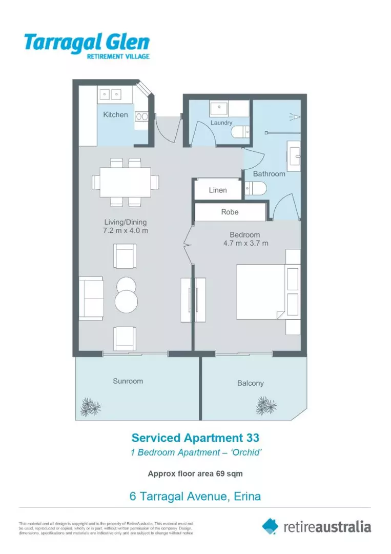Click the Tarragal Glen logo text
click(87, 42)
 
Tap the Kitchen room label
click(115, 114)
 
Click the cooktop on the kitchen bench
click(141, 116)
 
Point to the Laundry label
click(221, 123)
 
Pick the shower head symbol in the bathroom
click(295, 116)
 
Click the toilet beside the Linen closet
click(255, 189)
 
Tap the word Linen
click(218, 190)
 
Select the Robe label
click(230, 212)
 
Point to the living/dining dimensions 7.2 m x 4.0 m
click(126, 231)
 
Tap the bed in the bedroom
click(261, 291)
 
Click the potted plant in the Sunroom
click(90, 407)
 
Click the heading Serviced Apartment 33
click(195, 438)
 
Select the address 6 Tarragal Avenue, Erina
click(195, 496)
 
